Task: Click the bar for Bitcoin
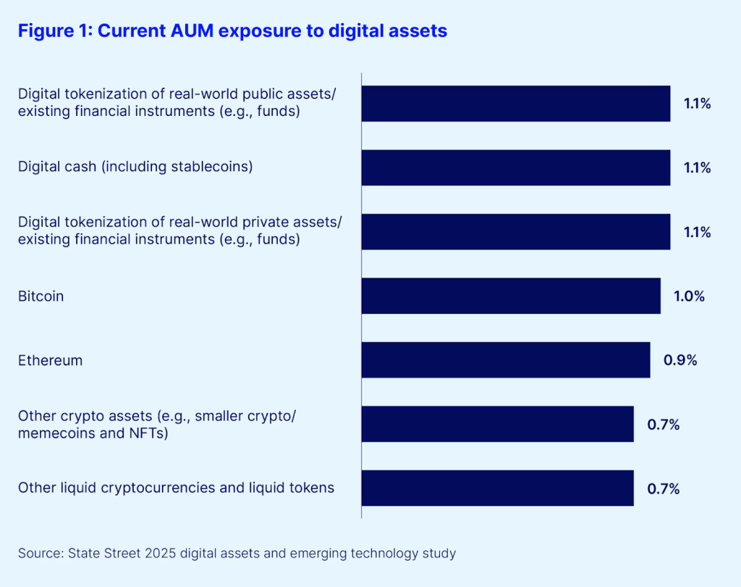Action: pos(511,296)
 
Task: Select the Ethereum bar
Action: pos(506,359)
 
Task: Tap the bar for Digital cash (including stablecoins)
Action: pos(516,167)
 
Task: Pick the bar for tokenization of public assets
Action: pos(516,104)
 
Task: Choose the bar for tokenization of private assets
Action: pos(516,232)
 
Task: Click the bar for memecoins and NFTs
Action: pos(498,424)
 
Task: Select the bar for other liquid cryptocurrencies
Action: pos(498,488)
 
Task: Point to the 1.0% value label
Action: pos(689,296)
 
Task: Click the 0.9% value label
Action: pos(681,360)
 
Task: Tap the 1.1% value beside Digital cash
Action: pos(698,168)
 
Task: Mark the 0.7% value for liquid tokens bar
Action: pos(664,488)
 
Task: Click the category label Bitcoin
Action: pos(41,296)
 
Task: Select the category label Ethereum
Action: pos(50,360)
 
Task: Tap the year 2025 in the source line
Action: pos(161,554)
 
